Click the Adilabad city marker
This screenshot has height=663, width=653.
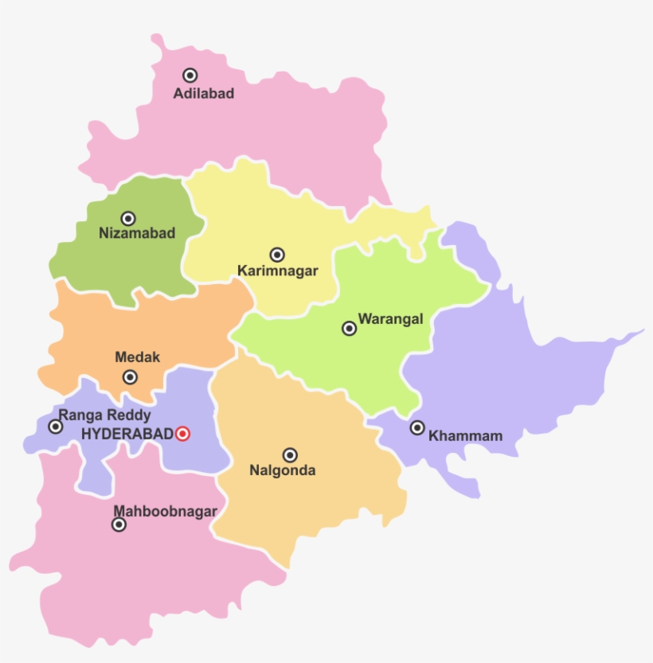point(190,76)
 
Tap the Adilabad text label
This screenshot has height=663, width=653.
point(204,94)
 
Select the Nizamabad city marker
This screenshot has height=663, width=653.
point(128,219)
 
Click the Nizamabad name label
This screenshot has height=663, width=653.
point(136,234)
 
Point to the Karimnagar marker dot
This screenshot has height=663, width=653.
point(277,255)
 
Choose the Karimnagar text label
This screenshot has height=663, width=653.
point(277,271)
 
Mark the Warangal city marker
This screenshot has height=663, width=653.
point(349,328)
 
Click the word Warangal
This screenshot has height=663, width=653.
point(390,320)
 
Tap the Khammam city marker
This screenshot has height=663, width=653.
point(417,427)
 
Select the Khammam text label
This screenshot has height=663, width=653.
point(465,436)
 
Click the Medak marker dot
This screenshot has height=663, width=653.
point(130,377)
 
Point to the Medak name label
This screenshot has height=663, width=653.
point(137,358)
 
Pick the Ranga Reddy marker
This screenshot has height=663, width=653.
point(56,427)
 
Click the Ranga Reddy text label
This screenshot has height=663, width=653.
point(104,415)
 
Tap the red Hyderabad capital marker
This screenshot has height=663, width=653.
point(182,434)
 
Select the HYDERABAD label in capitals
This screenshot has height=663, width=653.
point(127,434)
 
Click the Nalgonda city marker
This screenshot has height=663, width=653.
point(291,455)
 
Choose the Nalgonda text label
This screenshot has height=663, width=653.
point(282,471)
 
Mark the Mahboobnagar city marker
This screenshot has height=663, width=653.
point(119,525)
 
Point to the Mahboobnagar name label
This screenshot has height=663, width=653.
point(165,511)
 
